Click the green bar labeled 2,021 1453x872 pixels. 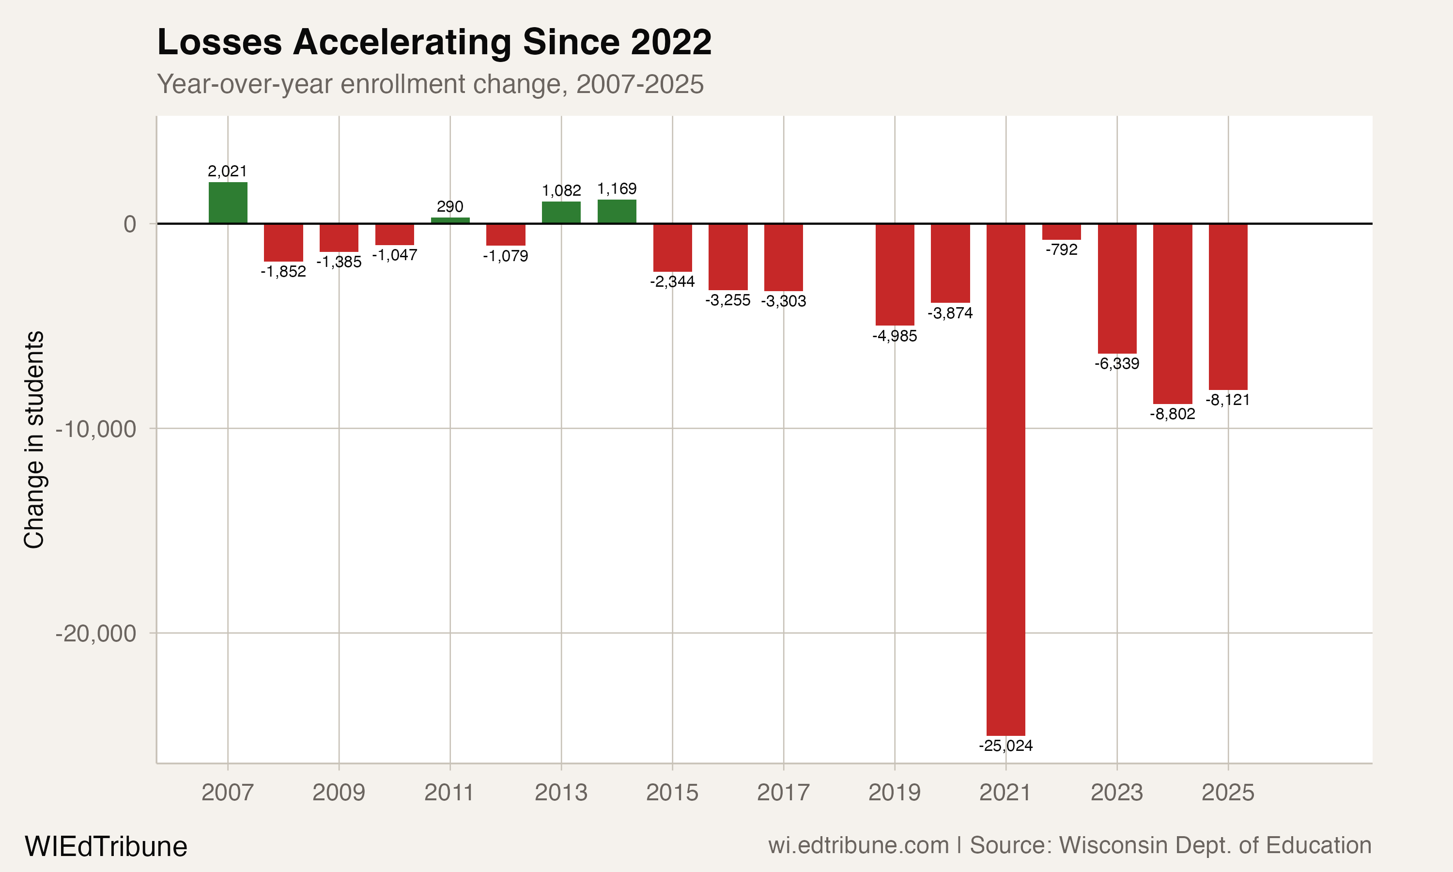[228, 202]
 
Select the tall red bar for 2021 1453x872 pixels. [1005, 479]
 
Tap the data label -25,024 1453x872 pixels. [1005, 746]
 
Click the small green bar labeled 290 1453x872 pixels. [450, 220]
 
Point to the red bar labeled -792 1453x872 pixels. [1061, 232]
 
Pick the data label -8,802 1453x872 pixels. [1172, 414]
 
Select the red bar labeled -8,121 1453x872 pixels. [1227, 307]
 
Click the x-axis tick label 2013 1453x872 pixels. [561, 793]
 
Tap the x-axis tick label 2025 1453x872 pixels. [1227, 793]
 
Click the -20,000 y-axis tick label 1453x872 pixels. [96, 634]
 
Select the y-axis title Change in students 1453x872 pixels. [34, 439]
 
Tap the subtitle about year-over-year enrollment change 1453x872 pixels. [430, 84]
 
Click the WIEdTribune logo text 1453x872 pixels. [106, 847]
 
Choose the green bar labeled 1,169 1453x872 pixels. [617, 212]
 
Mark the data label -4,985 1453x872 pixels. [895, 336]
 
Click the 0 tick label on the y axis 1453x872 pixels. [130, 224]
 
